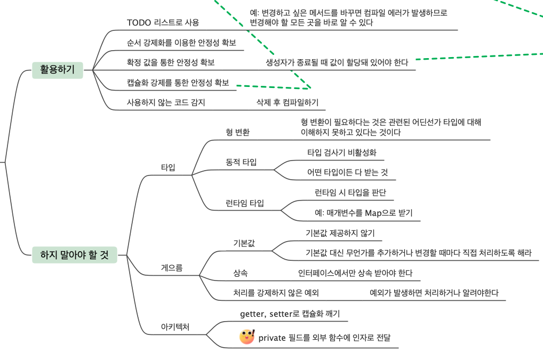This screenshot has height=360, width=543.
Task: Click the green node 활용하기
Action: tap(58, 70)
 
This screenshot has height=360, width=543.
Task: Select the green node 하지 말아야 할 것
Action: tap(75, 255)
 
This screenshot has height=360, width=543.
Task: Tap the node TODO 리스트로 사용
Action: tap(163, 22)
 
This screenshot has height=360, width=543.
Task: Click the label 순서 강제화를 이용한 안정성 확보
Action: tap(181, 43)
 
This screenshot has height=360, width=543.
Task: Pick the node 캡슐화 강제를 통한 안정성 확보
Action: tap(178, 83)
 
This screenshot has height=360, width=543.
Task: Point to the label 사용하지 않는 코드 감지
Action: tap(166, 102)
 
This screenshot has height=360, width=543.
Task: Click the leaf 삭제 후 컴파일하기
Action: tap(288, 102)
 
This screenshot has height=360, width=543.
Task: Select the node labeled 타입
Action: tap(168, 167)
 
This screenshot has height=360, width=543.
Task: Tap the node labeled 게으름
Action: tap(172, 268)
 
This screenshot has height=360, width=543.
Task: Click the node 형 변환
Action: tap(237, 132)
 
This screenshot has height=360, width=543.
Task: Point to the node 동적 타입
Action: tap(241, 162)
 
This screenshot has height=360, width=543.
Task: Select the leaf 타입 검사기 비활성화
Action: tap(341, 153)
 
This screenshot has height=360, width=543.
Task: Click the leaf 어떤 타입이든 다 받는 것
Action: tap(347, 172)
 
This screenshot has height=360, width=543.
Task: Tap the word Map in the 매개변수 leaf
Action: tap(373, 213)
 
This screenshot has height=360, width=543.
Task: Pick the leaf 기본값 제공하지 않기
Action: tap(340, 233)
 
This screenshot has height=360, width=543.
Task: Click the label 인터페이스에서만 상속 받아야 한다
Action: tap(355, 273)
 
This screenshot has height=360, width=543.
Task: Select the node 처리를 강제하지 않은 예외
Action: tap(276, 293)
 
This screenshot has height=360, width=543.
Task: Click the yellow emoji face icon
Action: tap(247, 337)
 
